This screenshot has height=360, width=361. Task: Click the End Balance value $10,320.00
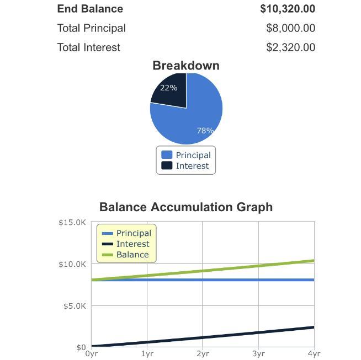point(288,9)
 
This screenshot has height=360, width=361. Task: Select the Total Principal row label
point(92,28)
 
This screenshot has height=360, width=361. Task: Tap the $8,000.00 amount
point(290,28)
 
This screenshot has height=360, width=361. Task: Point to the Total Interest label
point(89,47)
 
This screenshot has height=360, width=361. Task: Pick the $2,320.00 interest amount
point(290,47)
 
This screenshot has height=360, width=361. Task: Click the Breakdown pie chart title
point(186,66)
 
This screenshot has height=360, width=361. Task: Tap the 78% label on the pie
point(205,131)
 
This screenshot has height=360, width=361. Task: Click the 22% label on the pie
point(168,88)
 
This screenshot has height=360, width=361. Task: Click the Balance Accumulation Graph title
point(186,207)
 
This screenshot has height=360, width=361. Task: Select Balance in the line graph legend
point(132,255)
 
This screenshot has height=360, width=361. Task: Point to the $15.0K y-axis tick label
point(72,223)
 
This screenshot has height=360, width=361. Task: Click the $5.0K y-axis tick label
point(74,306)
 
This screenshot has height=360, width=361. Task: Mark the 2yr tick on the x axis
point(203,354)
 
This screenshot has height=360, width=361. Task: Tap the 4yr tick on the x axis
point(314,354)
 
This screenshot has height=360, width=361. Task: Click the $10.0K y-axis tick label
point(72,264)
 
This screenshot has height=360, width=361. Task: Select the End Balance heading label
point(90,9)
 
